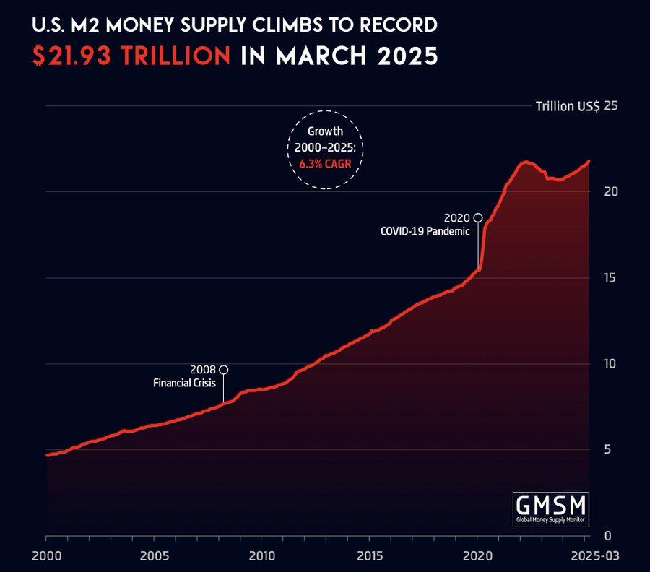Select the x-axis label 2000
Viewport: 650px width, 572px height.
(x=46, y=557)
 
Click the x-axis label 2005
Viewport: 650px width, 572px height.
(x=154, y=557)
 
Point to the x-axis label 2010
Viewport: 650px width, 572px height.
(x=261, y=557)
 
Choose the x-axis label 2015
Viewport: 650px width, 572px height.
(x=369, y=557)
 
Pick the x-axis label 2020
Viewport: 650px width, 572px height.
(x=477, y=557)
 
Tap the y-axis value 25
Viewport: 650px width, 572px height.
(x=611, y=106)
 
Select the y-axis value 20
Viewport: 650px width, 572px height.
(x=611, y=191)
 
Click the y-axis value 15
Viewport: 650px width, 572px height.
(x=611, y=277)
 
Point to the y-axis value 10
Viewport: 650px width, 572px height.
(x=611, y=363)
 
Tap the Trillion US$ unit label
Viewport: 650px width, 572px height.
(x=568, y=107)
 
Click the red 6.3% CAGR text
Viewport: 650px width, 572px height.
(x=326, y=163)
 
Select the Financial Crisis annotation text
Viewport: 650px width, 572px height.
(x=184, y=383)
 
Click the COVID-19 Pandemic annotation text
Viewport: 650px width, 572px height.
(x=425, y=232)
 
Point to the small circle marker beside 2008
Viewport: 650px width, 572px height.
(x=224, y=370)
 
